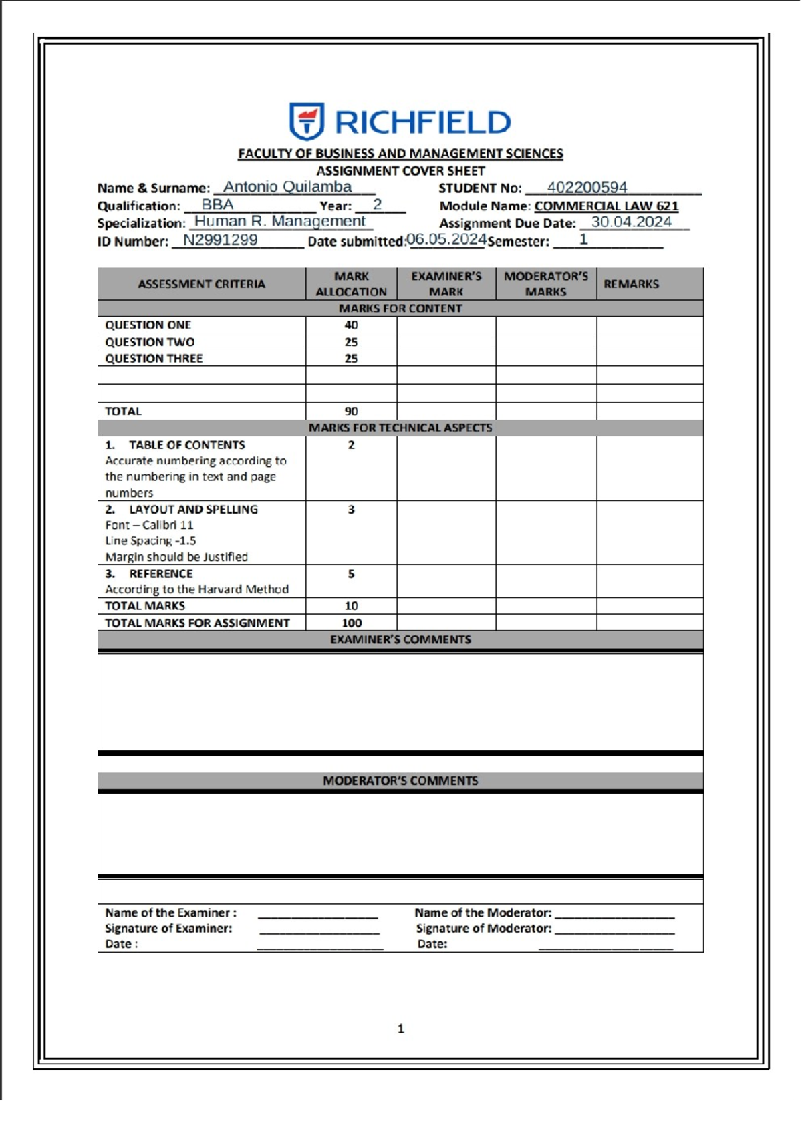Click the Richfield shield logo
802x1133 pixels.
click(x=306, y=121)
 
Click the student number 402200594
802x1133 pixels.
click(x=586, y=188)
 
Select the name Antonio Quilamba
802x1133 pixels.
click(x=287, y=187)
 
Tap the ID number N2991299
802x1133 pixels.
click(x=220, y=240)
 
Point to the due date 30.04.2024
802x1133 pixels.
click(x=631, y=222)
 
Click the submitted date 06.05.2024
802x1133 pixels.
click(x=446, y=239)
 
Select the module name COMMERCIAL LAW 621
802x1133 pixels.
click(x=606, y=206)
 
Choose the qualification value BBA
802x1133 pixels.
click(x=217, y=205)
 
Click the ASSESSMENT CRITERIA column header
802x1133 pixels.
click(x=201, y=284)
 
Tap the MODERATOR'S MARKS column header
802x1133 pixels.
click(x=545, y=284)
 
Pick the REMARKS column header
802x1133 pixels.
click(x=630, y=284)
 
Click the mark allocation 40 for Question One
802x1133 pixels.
click(x=351, y=325)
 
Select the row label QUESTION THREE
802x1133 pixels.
click(x=154, y=359)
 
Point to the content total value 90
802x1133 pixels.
click(x=351, y=411)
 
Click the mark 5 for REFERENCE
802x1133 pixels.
click(x=351, y=574)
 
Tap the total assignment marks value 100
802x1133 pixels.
click(x=351, y=623)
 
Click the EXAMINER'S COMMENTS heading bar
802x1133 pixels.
click(x=400, y=639)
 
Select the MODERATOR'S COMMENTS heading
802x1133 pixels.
click(x=400, y=780)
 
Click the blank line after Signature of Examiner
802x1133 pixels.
click(x=319, y=929)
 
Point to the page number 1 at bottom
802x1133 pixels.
click(x=400, y=1029)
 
